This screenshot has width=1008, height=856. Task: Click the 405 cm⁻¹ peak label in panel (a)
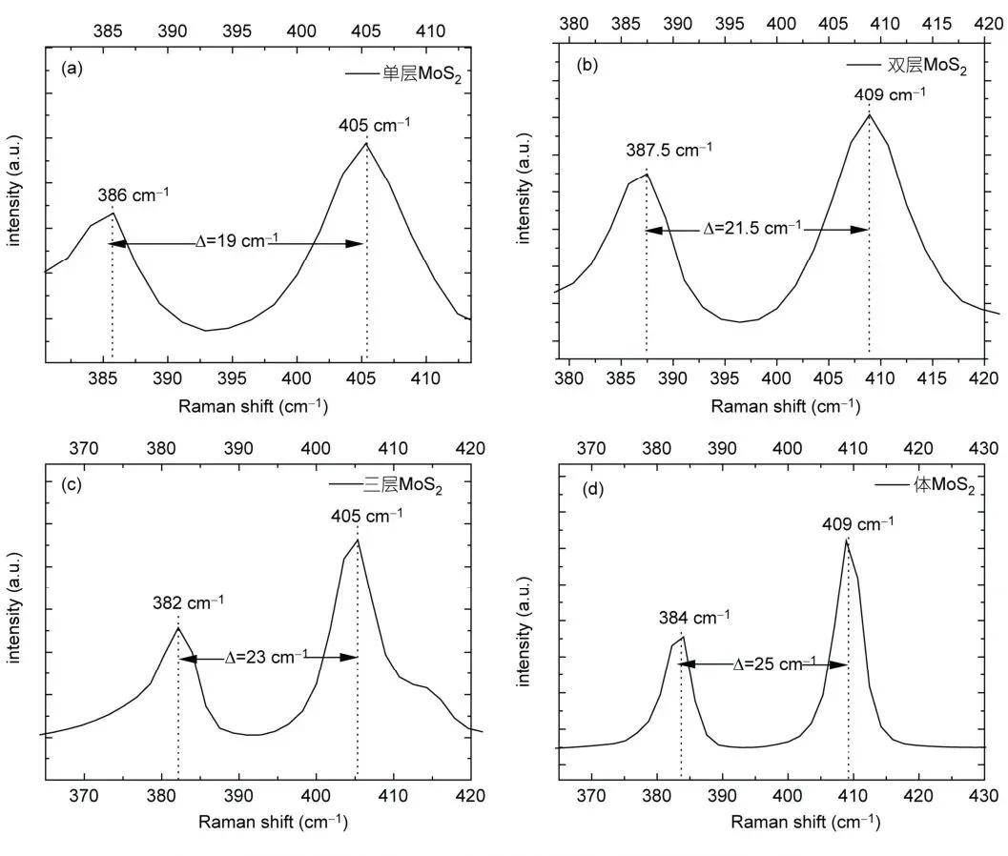click(x=374, y=125)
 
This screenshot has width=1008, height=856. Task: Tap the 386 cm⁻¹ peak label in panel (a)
click(x=134, y=194)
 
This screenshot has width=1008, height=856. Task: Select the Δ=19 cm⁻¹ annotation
click(x=237, y=241)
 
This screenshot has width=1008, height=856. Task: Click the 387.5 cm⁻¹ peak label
click(x=669, y=150)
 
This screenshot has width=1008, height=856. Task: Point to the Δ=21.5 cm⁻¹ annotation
click(x=752, y=228)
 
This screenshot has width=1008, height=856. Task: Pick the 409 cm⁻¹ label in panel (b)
click(x=890, y=94)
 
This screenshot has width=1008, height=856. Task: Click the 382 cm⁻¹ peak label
click(x=188, y=602)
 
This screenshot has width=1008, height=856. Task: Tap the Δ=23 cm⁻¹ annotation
click(x=266, y=658)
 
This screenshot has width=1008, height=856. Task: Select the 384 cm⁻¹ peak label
click(x=694, y=618)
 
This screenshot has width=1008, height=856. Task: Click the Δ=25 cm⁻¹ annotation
click(x=774, y=663)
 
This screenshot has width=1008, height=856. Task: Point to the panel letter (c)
click(x=72, y=484)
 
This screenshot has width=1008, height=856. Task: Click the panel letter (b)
click(x=587, y=65)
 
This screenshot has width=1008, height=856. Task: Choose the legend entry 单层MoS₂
click(x=403, y=74)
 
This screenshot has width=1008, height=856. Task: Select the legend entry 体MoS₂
click(x=926, y=485)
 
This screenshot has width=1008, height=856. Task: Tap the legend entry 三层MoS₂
click(x=385, y=484)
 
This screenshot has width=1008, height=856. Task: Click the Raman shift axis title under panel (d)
click(x=806, y=822)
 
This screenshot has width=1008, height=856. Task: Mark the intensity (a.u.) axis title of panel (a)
click(x=14, y=191)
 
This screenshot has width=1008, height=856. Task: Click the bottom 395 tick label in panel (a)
click(x=232, y=378)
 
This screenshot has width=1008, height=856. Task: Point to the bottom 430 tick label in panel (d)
click(x=983, y=796)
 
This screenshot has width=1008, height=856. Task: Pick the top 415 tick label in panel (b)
click(x=936, y=25)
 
